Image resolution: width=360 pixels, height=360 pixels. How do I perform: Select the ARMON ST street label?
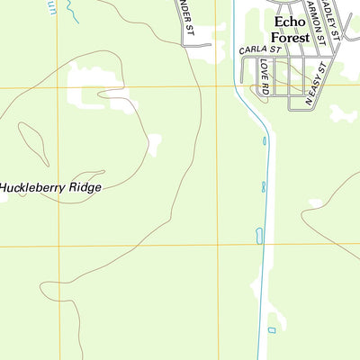pos(315,22)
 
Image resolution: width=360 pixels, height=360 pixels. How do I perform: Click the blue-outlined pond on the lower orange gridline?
pos(259,236)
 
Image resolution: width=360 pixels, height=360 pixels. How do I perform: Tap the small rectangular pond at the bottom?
pos(272,330)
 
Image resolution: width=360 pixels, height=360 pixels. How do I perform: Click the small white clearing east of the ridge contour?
pos(155,143)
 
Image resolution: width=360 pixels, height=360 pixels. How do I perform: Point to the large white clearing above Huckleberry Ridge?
pos(99,90)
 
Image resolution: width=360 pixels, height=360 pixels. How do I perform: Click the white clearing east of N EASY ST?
pos(342,113)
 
